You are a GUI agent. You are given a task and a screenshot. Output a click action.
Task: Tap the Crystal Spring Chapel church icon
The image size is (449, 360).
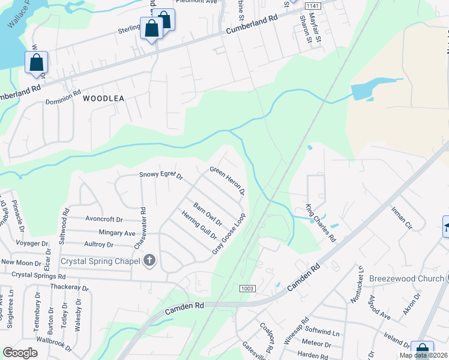pyautogui.click(x=150, y=260)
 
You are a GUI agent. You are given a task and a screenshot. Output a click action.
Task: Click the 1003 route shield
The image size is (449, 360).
pyautogui.click(x=247, y=289)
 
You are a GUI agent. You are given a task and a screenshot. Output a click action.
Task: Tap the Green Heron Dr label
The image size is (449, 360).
pyautogui.click(x=228, y=181)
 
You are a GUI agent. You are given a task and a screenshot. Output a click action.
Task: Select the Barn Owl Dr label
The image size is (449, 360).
pyautogui.click(x=208, y=214)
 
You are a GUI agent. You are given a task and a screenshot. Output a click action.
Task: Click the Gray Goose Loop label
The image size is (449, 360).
pyautogui.click(x=229, y=234)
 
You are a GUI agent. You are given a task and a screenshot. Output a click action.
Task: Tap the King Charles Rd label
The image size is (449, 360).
pyautogui.click(x=321, y=223)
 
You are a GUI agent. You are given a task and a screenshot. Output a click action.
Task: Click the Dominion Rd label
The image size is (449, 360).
pyautogui.click(x=63, y=97)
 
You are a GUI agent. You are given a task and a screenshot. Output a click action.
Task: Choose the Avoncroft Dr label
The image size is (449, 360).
pyautogui.click(x=103, y=220)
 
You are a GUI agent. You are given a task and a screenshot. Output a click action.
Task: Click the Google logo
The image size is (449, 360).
pyautogui.click(x=20, y=353)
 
